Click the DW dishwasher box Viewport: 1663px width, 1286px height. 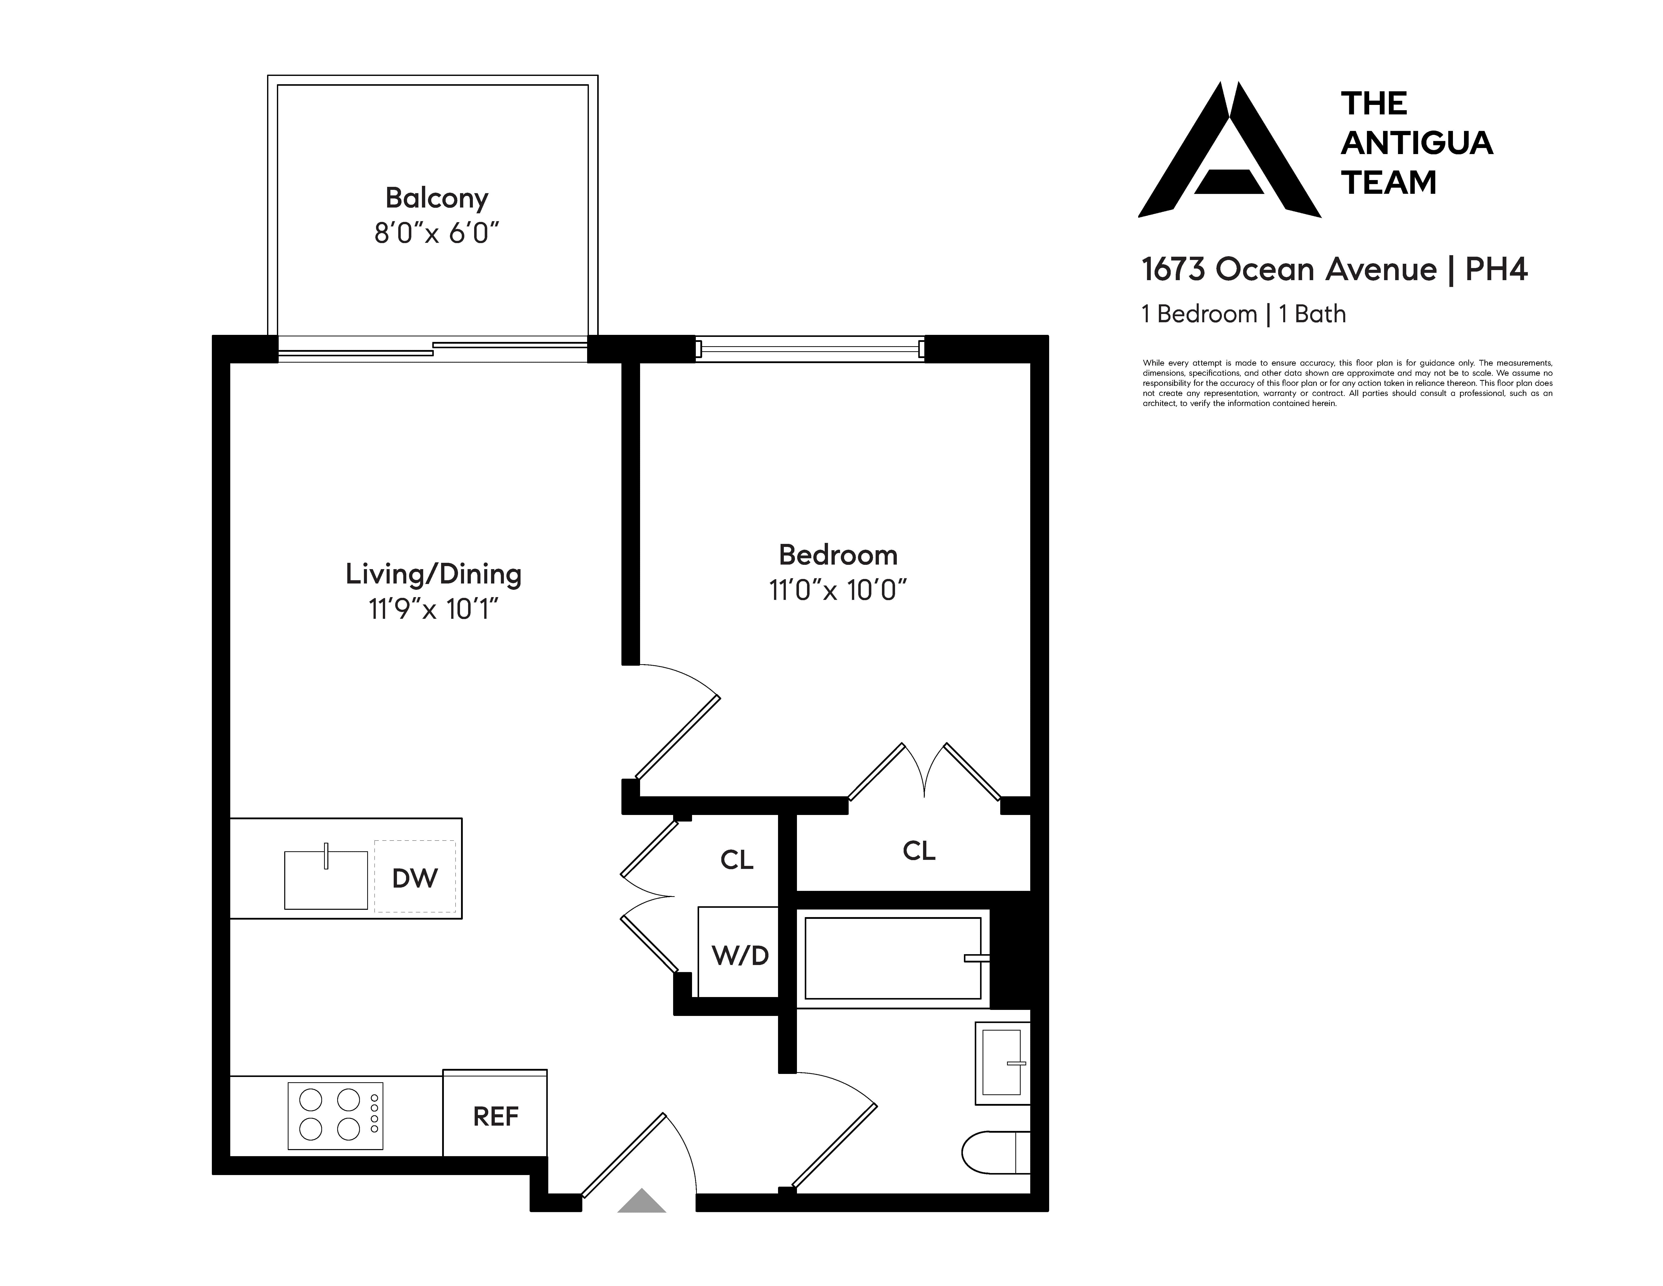pos(415,877)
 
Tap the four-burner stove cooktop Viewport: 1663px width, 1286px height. pos(335,1116)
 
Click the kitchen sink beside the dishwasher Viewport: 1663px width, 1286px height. pos(326,880)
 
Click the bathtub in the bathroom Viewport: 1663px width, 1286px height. pos(893,958)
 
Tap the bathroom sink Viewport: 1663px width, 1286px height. pos(1001,1062)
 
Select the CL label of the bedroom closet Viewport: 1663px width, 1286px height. pos(918,851)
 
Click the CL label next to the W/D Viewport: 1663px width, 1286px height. pos(736,860)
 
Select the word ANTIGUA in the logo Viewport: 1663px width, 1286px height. pos(1416,143)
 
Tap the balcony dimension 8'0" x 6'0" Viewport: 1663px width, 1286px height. pos(436,233)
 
